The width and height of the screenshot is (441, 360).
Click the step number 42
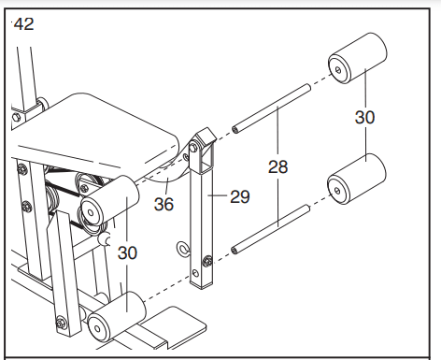(24, 24)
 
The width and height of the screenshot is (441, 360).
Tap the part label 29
(240, 196)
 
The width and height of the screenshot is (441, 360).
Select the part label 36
(164, 205)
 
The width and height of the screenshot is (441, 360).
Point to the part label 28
(278, 166)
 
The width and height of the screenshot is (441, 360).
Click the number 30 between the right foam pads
(365, 118)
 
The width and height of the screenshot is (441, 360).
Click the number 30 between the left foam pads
(127, 252)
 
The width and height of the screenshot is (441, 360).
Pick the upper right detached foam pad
(358, 58)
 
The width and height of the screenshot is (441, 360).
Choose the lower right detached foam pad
(357, 179)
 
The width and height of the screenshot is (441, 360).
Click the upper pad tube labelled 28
(271, 108)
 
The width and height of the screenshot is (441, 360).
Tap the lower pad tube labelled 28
(271, 229)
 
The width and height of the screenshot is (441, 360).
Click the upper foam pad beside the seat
(110, 201)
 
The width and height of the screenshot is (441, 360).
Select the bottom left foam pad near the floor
(117, 317)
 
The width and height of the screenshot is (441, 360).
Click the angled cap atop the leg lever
(206, 137)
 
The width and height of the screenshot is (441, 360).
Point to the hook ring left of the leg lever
(183, 250)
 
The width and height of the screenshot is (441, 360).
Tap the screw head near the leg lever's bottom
(207, 261)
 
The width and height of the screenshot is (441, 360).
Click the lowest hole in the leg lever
(195, 274)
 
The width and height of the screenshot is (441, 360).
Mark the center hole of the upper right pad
(338, 69)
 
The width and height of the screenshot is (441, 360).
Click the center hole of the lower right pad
(337, 190)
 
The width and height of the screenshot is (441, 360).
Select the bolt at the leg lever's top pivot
(193, 147)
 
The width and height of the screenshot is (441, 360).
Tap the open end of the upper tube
(235, 129)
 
